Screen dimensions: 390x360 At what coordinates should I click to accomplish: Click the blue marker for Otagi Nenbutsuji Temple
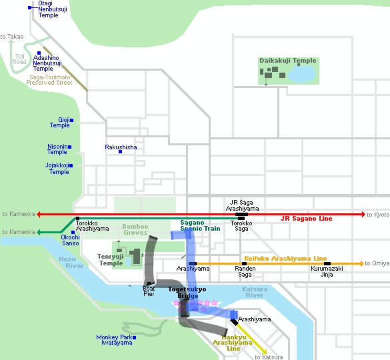pyautogui.click(x=29, y=8)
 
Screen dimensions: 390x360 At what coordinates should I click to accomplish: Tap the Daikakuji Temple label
pyautogui.click(x=288, y=61)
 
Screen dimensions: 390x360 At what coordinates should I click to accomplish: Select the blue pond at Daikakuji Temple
pyautogui.click(x=301, y=73)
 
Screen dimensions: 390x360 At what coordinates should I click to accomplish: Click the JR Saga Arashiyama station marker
pyautogui.click(x=241, y=214)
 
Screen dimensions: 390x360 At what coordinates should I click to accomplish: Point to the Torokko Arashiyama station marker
pyautogui.click(x=77, y=218)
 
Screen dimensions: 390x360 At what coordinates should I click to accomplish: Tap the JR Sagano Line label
pyautogui.click(x=307, y=219)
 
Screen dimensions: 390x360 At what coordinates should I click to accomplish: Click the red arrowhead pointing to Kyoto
pyautogui.click(x=363, y=214)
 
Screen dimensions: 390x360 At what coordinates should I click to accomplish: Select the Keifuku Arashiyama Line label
pyautogui.click(x=285, y=258)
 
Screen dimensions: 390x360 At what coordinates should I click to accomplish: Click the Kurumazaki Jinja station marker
pyautogui.click(x=327, y=263)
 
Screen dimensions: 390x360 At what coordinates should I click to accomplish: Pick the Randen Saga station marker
pyautogui.click(x=244, y=263)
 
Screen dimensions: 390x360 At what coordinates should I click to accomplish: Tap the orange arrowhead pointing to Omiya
pyautogui.click(x=362, y=263)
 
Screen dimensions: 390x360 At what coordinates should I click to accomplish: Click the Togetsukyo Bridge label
pyautogui.click(x=187, y=292)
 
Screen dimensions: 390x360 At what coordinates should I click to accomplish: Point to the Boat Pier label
pyautogui.click(x=149, y=291)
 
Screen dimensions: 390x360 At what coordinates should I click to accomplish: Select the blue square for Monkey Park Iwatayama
pyautogui.click(x=134, y=337)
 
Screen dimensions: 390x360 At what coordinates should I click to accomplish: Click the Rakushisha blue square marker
pyautogui.click(x=120, y=151)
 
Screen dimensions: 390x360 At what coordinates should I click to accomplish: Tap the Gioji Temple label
pyautogui.click(x=60, y=123)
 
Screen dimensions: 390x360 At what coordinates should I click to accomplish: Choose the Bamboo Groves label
pyautogui.click(x=135, y=229)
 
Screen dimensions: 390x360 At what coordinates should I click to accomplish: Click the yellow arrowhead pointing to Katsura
pyautogui.click(x=265, y=351)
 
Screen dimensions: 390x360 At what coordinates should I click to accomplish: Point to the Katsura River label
pyautogui.click(x=255, y=292)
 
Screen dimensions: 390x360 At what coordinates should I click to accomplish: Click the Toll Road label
pyautogui.click(x=19, y=59)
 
